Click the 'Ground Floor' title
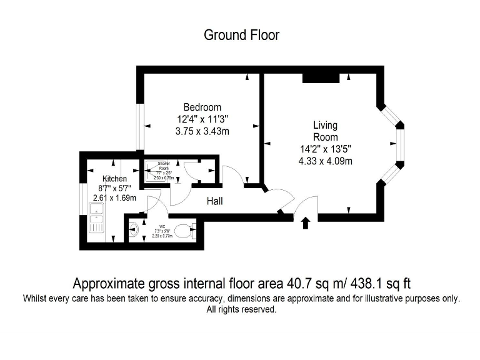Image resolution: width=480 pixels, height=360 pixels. click(241, 35)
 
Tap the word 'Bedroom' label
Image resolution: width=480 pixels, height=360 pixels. click(202, 107)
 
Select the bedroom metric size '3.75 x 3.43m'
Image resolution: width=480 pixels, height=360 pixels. click(202, 131)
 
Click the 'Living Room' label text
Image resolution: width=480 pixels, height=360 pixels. click(325, 131)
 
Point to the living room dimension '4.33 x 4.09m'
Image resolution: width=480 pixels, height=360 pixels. click(325, 161)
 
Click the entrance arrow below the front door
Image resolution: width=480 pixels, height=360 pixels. click(306, 223)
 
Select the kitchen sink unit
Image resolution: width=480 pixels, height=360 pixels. click(97, 222)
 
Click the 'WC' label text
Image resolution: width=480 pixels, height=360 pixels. click(162, 226)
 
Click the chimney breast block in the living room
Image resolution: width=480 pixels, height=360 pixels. click(321, 77)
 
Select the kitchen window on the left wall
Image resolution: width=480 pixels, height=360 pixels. click(82, 201)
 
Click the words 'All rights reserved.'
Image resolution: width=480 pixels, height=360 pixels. click(241, 309)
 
